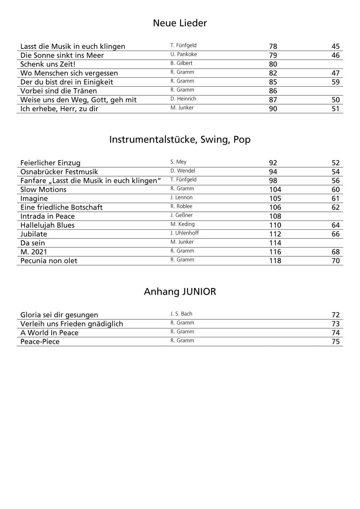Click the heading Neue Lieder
(x=180, y=23)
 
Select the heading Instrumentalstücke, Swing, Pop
(x=180, y=139)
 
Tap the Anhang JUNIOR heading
(x=180, y=291)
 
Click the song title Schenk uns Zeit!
(x=48, y=64)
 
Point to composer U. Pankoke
(x=184, y=54)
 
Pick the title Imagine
(x=34, y=198)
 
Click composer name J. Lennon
(x=182, y=197)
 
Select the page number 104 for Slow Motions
(x=275, y=189)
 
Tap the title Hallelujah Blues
(x=48, y=225)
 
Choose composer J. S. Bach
(x=181, y=314)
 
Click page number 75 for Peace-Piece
(x=335, y=341)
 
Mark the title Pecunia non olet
(x=49, y=261)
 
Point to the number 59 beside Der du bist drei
(x=335, y=82)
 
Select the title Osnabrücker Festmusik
(x=59, y=172)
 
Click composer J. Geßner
(x=182, y=215)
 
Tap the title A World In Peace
(x=49, y=333)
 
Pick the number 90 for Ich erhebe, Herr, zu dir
(x=273, y=109)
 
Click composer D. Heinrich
(x=183, y=99)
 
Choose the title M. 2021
(x=34, y=252)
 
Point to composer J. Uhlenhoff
(x=185, y=233)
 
